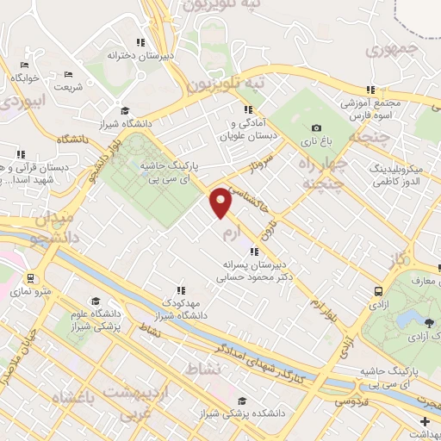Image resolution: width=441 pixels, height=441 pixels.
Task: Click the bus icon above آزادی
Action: click(378, 291)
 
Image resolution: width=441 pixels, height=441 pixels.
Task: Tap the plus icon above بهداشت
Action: click(425, 420)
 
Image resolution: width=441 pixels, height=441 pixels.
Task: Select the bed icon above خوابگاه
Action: click(24, 65)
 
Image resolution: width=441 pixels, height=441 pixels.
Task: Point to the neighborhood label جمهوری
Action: click(390, 50)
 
